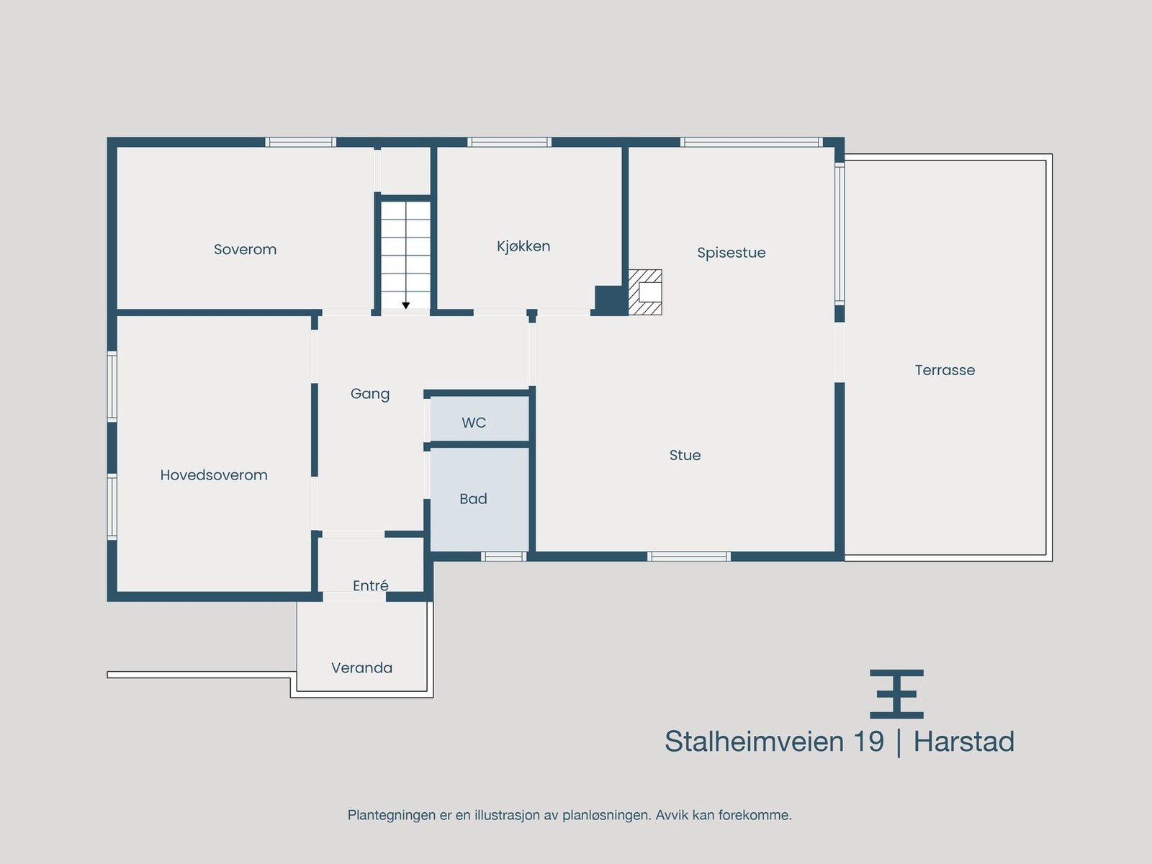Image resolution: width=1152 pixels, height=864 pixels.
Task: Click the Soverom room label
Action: click(245, 250)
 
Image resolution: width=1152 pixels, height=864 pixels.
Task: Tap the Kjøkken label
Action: click(523, 246)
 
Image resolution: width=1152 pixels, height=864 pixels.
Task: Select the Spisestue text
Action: click(731, 253)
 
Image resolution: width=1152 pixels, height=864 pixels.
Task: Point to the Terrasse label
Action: click(945, 370)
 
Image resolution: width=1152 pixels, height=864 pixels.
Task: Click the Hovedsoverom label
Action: click(214, 475)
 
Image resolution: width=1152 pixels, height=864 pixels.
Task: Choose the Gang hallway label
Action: click(370, 394)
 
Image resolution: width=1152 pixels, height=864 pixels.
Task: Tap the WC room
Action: click(474, 423)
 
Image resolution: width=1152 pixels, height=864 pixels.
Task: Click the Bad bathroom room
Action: click(473, 499)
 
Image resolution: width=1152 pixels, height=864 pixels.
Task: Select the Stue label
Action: click(685, 455)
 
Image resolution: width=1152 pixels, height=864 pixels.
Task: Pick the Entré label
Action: click(371, 586)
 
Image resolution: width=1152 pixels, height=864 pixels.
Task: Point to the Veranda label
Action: click(361, 668)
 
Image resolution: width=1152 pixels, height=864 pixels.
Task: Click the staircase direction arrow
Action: click(406, 306)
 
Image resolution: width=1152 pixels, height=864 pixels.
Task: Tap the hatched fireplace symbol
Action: click(645, 292)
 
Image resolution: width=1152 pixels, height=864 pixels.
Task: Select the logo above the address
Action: click(896, 694)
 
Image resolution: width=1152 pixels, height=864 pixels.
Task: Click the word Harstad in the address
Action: click(963, 742)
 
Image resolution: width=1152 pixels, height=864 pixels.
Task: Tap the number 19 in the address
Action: click(868, 742)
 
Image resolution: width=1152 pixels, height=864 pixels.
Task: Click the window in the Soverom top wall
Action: click(300, 142)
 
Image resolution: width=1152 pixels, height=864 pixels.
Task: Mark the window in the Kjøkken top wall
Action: click(509, 142)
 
